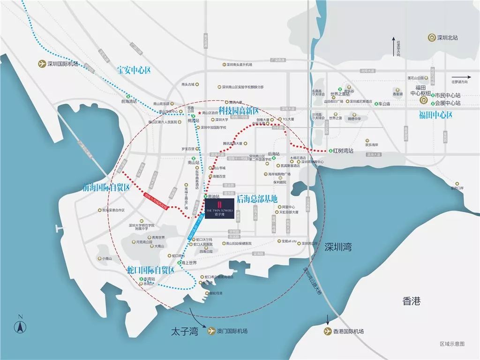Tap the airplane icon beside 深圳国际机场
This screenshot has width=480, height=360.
point(42,64)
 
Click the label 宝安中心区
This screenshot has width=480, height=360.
point(134,70)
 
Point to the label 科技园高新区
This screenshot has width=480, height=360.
point(239,111)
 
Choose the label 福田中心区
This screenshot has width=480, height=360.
point(435,115)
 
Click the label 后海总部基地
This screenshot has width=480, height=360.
point(257,198)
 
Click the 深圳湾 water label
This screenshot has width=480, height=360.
point(337,247)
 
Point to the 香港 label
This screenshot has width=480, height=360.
point(411,300)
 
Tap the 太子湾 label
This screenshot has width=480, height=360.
point(184,332)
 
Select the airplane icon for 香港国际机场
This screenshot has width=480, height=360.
point(327,331)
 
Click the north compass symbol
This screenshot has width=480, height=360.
point(20,326)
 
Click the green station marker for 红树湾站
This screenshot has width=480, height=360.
point(330,151)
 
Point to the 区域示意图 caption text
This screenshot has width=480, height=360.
point(452,344)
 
